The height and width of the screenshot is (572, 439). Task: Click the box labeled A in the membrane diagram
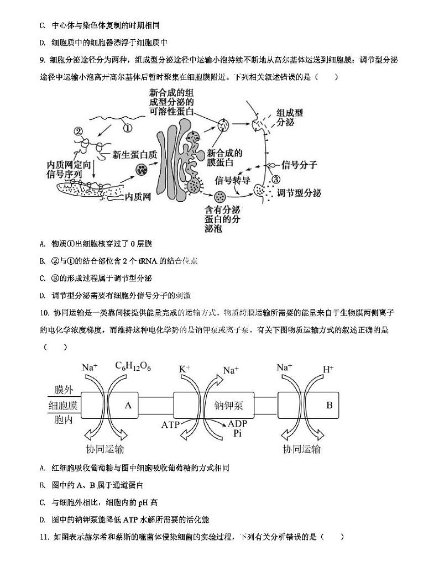[128, 405]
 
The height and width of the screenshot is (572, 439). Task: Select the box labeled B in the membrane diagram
[330, 405]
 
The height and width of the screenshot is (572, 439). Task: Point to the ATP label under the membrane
[171, 424]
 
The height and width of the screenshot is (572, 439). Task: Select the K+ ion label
[185, 368]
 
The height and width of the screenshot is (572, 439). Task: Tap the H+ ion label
[328, 369]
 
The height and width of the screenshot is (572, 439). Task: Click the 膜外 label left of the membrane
[64, 390]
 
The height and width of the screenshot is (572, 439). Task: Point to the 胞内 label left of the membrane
[64, 420]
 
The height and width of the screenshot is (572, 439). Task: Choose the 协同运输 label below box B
[301, 448]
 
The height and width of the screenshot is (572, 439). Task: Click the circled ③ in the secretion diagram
[276, 179]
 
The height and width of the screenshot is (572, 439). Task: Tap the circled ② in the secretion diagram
[78, 132]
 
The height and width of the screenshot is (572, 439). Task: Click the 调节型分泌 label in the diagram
[299, 193]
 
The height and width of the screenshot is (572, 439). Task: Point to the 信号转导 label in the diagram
[232, 180]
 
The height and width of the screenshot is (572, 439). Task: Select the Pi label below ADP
[238, 434]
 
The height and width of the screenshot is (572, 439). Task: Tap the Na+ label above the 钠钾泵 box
[231, 370]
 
